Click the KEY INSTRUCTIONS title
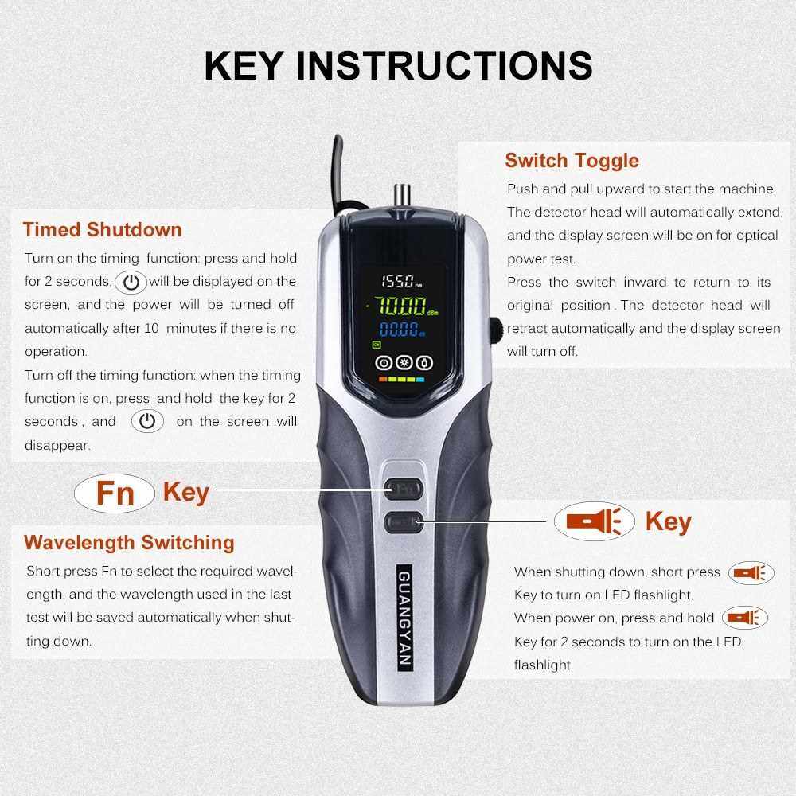point(398,65)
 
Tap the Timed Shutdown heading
point(103,229)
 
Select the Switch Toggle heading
point(572,161)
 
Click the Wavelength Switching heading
point(129,542)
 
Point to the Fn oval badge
point(115,493)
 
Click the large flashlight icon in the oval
point(595,521)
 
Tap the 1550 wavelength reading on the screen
point(401,281)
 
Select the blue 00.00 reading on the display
point(401,330)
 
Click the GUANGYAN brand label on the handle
point(404,618)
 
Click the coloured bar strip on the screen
point(401,379)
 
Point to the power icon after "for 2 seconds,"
point(131,283)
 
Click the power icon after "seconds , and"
point(147,421)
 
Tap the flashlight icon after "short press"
point(751,573)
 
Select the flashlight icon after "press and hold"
point(745,618)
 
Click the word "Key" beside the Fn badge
point(186,493)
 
